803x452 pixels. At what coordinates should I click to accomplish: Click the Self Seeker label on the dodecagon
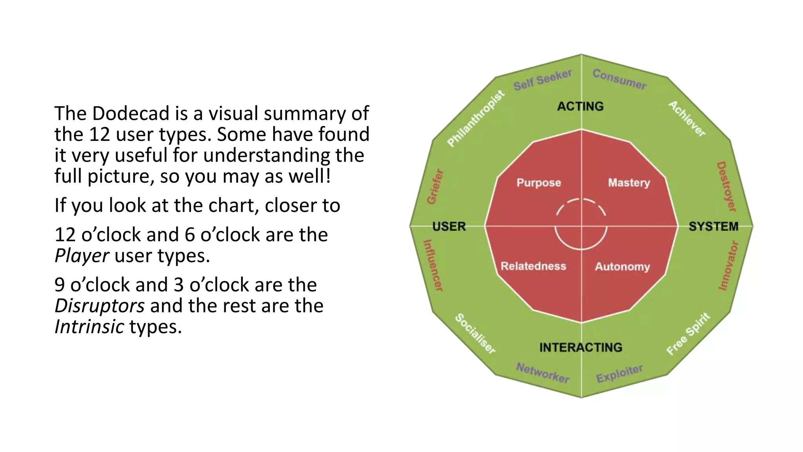(542, 80)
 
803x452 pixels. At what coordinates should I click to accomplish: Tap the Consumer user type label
(619, 79)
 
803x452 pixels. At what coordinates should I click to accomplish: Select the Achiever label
(687, 118)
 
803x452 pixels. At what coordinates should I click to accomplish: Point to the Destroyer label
(727, 186)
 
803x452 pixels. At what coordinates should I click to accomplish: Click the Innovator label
(729, 266)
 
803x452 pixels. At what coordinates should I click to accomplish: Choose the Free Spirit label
(689, 334)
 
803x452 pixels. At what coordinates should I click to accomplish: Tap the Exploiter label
(620, 373)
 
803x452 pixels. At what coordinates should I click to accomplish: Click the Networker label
(543, 373)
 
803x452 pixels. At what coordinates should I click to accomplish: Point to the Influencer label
(433, 266)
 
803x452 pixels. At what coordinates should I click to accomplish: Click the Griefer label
(435, 187)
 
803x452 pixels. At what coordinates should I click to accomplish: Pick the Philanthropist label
(476, 118)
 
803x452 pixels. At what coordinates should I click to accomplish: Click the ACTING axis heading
(580, 106)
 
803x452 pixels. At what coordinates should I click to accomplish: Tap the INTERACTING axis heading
(581, 347)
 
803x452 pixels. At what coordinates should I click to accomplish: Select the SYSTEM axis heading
(714, 226)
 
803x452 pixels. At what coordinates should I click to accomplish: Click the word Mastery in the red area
(629, 183)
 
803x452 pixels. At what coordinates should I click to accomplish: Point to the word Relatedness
(533, 266)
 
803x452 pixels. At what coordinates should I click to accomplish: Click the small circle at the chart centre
(581, 225)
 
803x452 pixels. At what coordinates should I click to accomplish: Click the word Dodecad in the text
(131, 113)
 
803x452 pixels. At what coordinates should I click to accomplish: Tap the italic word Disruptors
(100, 306)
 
